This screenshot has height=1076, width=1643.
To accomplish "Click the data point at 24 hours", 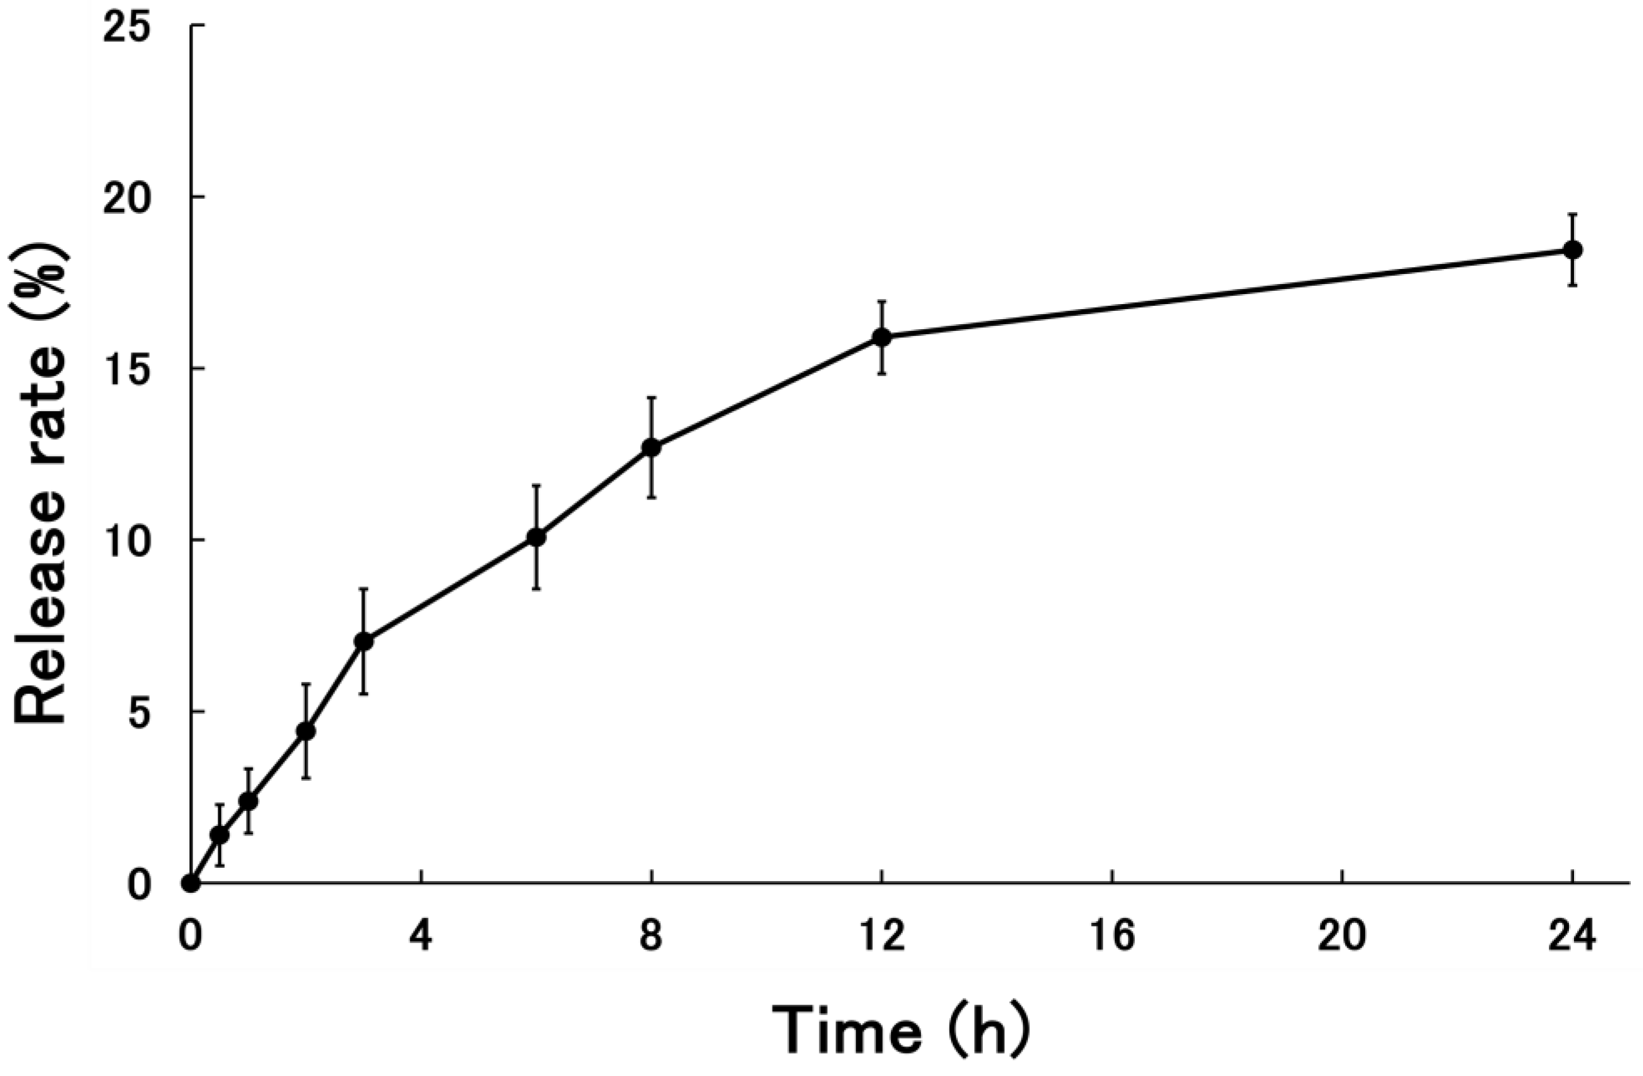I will tap(1572, 250).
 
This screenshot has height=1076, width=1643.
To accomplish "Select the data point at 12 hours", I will tap(882, 337).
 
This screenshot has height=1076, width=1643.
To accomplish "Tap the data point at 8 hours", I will tap(651, 448).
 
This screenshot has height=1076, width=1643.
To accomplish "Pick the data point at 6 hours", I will tap(537, 537).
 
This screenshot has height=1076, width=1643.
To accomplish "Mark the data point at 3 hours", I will tap(364, 642).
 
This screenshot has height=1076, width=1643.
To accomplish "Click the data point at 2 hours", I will tap(306, 731).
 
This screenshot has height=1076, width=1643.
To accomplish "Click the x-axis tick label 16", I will tap(1112, 938).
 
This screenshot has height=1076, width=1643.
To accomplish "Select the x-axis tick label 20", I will tap(1342, 938).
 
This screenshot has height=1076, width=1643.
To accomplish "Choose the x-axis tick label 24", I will tap(1572, 938).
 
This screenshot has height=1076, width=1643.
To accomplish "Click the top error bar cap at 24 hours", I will tap(1572, 215).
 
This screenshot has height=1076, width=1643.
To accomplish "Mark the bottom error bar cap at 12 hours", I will tap(882, 374).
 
